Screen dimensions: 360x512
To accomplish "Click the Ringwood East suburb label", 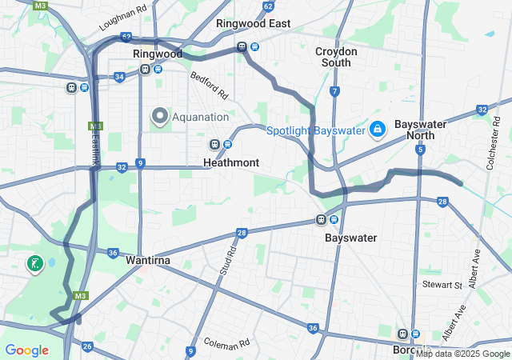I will (254, 23).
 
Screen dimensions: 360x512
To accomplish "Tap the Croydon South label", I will (336, 57).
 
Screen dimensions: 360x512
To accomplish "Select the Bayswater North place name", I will (420, 130).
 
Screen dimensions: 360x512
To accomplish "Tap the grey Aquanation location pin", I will (159, 117).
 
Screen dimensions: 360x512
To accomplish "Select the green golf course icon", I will (35, 263).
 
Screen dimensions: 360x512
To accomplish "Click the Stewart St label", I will (442, 285).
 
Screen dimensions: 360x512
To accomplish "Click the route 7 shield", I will (334, 91).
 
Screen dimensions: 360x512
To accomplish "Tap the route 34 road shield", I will (119, 77).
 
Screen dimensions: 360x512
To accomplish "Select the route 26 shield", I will (87, 346).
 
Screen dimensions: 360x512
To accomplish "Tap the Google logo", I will (26, 350).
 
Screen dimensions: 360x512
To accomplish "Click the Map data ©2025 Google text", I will (462, 354).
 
